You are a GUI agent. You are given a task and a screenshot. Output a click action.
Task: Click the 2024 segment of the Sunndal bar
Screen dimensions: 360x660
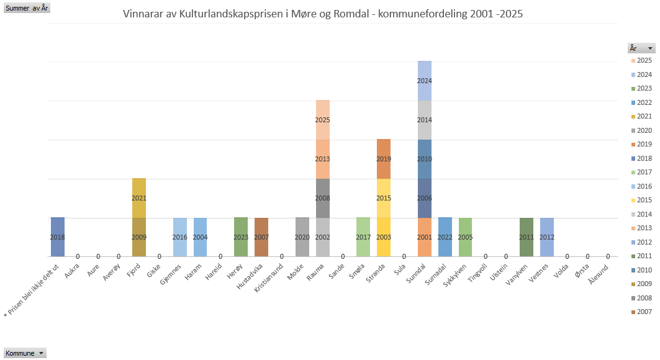[x=425, y=81]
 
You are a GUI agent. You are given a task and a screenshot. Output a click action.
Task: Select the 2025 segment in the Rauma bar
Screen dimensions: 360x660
[x=322, y=120]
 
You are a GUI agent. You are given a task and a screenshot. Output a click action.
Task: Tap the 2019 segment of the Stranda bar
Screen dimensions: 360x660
[x=384, y=159]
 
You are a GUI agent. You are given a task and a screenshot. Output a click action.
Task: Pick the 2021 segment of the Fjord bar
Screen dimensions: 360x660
[x=139, y=198]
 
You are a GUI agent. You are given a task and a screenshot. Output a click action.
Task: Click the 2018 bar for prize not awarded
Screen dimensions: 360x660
[x=58, y=237]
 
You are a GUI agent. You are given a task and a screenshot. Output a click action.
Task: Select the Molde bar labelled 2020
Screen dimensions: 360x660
[x=302, y=237]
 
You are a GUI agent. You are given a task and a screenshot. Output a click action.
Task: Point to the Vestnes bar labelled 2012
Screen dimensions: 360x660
[x=547, y=237]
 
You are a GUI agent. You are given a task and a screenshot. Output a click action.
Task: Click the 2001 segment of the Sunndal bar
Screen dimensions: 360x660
[x=425, y=237]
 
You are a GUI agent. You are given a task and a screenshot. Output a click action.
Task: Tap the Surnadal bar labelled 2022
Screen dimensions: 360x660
[x=445, y=237]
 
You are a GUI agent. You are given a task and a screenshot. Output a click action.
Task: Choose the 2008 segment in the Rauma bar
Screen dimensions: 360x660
[x=322, y=198]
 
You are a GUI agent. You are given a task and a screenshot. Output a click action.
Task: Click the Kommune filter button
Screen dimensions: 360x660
[x=25, y=353]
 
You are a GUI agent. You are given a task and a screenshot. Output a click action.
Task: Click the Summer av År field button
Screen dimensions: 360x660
[x=27, y=8]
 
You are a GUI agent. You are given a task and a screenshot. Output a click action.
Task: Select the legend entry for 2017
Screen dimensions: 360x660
[x=644, y=172]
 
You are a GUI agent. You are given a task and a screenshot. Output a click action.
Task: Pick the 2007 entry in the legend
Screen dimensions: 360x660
[x=644, y=312]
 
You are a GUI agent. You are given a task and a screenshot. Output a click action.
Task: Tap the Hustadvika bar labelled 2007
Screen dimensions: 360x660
[x=261, y=237]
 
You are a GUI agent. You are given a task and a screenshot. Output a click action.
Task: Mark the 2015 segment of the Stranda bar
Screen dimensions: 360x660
[x=384, y=198]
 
